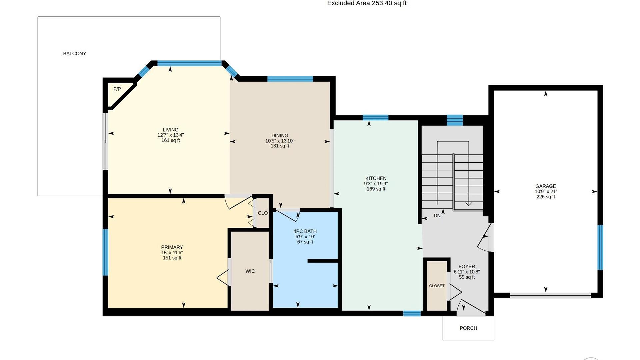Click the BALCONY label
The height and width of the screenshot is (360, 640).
click(75, 54)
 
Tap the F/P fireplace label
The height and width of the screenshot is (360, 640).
click(117, 89)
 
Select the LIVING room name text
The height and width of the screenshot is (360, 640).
click(171, 130)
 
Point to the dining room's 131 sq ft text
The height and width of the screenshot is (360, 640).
click(280, 146)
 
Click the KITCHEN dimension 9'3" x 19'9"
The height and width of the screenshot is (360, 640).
click(376, 184)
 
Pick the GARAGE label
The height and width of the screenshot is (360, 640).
click(546, 186)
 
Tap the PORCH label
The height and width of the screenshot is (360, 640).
click(468, 328)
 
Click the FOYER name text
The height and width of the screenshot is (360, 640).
click(467, 267)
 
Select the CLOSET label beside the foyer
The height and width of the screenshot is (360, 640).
click(437, 286)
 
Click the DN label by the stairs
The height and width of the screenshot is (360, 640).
click(437, 216)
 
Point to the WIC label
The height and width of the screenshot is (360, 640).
click(250, 271)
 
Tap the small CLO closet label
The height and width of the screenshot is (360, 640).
click(263, 213)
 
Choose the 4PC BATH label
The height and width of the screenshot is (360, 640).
click(305, 231)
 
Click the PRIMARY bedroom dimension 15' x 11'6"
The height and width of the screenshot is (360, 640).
click(172, 253)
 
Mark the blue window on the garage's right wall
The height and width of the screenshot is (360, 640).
click(600, 247)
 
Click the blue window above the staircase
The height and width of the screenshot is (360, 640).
click(455, 120)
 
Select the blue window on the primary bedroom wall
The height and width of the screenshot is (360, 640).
click(105, 252)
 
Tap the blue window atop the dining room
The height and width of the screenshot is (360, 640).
click(290, 79)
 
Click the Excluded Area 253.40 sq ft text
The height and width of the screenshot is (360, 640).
click(367, 3)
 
